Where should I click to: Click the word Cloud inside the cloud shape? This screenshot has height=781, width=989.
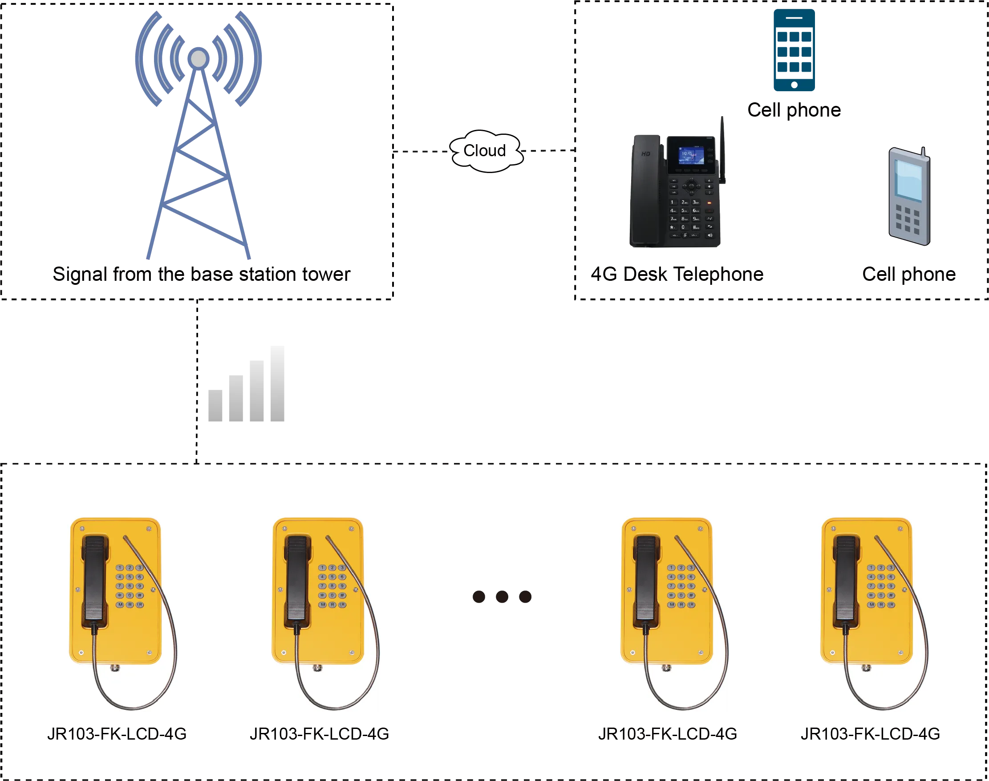pos(485,150)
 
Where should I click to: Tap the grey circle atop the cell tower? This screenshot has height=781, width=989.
pos(199,59)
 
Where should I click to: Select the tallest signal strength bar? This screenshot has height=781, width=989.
pos(278,384)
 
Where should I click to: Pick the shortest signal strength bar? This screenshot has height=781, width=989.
pos(215,405)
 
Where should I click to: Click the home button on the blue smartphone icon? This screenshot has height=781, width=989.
pos(794,85)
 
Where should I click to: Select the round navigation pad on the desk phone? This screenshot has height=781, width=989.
pos(691,186)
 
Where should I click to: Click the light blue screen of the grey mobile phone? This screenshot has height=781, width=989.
pos(908,180)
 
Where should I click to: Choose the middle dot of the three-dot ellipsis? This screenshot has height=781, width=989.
pos(502,597)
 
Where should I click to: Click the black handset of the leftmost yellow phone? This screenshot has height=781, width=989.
pos(95,581)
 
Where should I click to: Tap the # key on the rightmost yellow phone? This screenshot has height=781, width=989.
pos(891,595)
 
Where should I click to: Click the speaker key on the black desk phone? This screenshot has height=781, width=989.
pos(710,235)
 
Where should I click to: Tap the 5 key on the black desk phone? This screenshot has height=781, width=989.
pos(684,211)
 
